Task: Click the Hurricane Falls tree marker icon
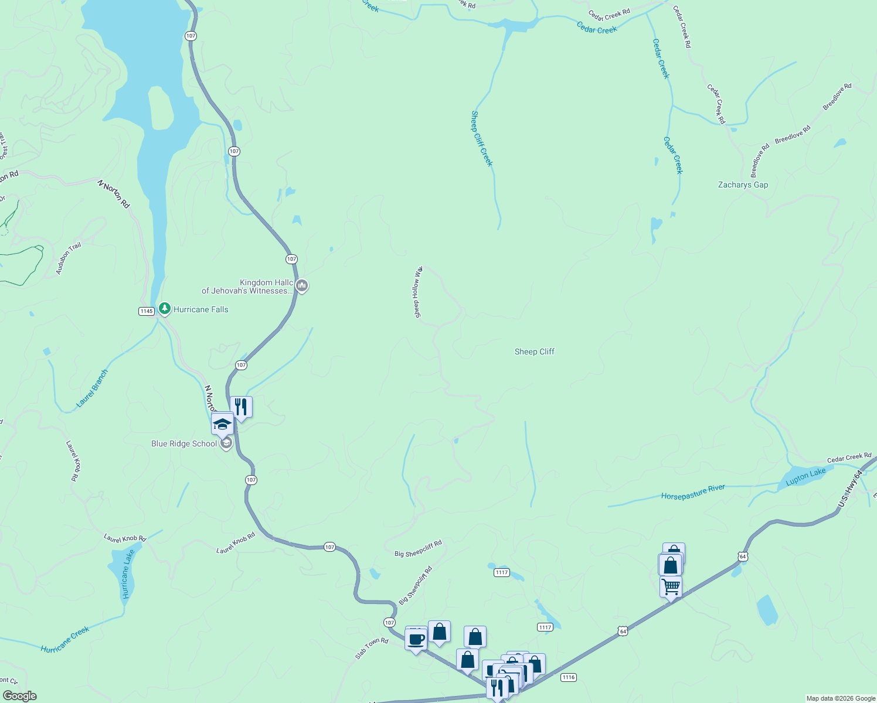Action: click(x=165, y=308)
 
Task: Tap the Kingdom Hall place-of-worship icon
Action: click(x=302, y=286)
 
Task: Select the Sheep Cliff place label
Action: click(x=534, y=351)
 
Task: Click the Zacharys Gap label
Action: click(x=743, y=185)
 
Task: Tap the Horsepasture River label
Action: click(x=693, y=492)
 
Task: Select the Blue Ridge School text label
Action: click(x=184, y=443)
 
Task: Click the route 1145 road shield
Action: click(x=147, y=311)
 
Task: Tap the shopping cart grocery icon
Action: click(x=671, y=586)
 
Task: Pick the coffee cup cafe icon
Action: click(x=416, y=639)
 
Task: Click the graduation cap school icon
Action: click(x=222, y=423)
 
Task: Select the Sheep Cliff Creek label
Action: click(x=482, y=139)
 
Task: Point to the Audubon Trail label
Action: click(x=69, y=258)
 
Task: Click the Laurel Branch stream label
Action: click(x=93, y=388)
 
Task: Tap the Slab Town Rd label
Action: click(x=372, y=649)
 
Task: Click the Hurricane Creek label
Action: click(x=65, y=639)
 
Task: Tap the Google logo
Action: click(x=19, y=696)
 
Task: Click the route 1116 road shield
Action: click(x=568, y=677)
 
